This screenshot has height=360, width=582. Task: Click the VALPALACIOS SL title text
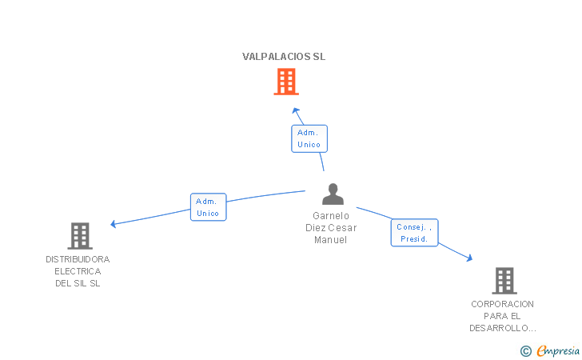(x=284, y=57)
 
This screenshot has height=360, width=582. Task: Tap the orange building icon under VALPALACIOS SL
(x=285, y=82)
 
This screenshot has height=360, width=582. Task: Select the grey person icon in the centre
(x=333, y=194)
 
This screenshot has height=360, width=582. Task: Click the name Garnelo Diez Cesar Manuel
(x=331, y=227)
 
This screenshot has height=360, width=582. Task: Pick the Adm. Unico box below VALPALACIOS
(x=309, y=138)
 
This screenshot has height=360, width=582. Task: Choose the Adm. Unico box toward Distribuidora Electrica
(x=208, y=207)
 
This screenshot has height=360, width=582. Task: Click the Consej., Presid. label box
(x=414, y=233)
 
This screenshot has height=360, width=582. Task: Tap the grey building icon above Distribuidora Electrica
(x=79, y=236)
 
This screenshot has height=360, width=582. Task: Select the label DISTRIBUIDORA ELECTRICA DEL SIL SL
(x=78, y=271)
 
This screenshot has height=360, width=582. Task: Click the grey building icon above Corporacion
(x=504, y=281)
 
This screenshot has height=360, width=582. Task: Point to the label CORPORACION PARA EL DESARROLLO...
(x=502, y=316)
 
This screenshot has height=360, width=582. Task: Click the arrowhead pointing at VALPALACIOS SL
(x=296, y=110)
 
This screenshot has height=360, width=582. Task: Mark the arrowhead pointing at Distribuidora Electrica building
(x=114, y=224)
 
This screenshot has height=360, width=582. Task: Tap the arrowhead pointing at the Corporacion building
(x=470, y=258)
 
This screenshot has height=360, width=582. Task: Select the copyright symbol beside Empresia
(x=525, y=350)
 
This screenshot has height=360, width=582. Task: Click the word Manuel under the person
(x=331, y=240)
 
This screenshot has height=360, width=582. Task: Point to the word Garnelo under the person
(x=331, y=215)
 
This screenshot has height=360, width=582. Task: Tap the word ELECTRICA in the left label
(x=78, y=271)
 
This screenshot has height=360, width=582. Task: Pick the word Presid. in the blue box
(x=414, y=239)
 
